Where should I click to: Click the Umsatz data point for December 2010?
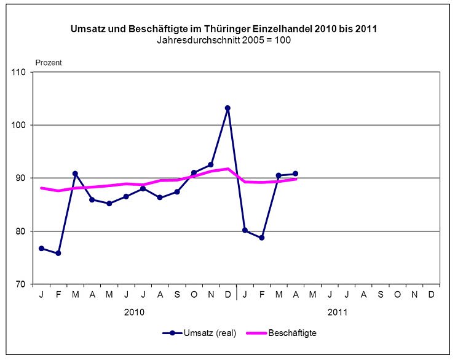pyautogui.click(x=228, y=108)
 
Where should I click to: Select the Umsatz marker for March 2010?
pyautogui.click(x=75, y=174)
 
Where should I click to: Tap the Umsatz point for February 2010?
pyautogui.click(x=58, y=253)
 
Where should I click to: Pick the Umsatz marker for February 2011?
pyautogui.click(x=261, y=238)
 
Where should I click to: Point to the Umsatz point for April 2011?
pyautogui.click(x=296, y=174)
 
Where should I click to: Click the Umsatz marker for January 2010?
pyautogui.click(x=41, y=248)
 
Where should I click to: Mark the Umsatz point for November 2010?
pyautogui.click(x=211, y=164)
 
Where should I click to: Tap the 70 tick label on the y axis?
pyautogui.click(x=22, y=284)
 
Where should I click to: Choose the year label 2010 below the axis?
pyautogui.click(x=134, y=312)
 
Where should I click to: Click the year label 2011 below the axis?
pyautogui.click(x=338, y=312)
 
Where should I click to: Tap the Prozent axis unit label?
pyautogui.click(x=49, y=62)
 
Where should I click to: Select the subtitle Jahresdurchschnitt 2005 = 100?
pyautogui.click(x=228, y=40)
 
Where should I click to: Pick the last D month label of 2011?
pyautogui.click(x=431, y=295)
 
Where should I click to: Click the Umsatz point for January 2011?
pyautogui.click(x=245, y=230)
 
